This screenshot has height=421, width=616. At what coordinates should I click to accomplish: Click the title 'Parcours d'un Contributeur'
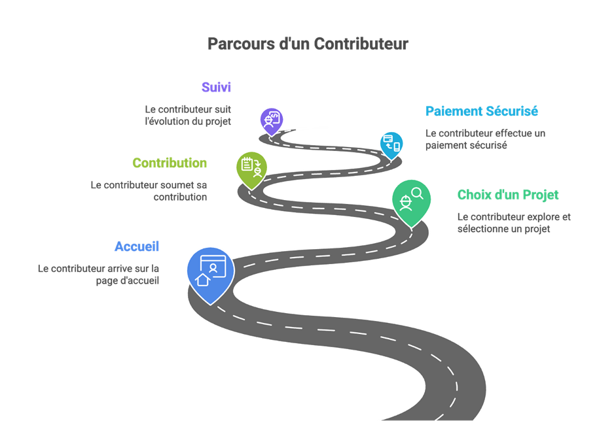pyautogui.click(x=308, y=44)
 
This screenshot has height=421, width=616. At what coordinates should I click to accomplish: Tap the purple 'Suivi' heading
pyautogui.click(x=216, y=87)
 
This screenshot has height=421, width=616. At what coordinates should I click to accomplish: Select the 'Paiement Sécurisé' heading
pyautogui.click(x=481, y=111)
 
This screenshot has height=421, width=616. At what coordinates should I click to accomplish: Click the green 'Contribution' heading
pyautogui.click(x=170, y=163)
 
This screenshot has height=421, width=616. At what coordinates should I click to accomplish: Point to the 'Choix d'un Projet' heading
pyautogui.click(x=508, y=195)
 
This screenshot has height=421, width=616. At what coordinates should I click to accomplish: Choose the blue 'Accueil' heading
pyautogui.click(x=137, y=246)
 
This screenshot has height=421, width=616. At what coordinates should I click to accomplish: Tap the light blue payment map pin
pyautogui.click(x=391, y=143)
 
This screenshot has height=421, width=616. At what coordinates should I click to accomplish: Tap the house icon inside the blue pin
pyautogui.click(x=203, y=279)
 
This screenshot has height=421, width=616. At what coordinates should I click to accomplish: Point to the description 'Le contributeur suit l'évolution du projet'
pyautogui.click(x=188, y=115)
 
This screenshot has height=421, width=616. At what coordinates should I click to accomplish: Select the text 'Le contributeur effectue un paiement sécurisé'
pyautogui.click(x=485, y=139)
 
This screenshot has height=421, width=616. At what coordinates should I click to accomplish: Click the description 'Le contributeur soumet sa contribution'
pyautogui.click(x=149, y=190)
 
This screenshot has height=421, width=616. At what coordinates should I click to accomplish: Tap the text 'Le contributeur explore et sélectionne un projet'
pyautogui.click(x=513, y=222)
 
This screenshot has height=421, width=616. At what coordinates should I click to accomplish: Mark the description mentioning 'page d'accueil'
pyautogui.click(x=98, y=274)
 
